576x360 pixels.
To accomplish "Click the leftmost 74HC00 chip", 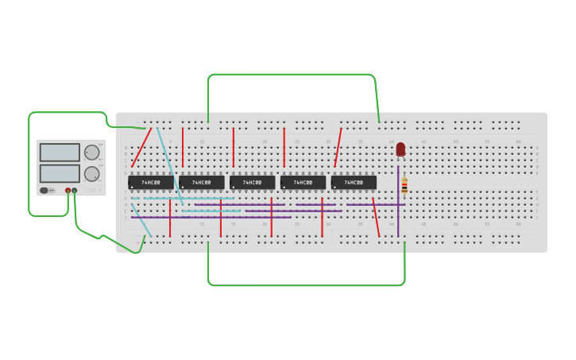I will (x=150, y=183).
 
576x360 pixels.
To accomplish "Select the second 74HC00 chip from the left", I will (x=201, y=183).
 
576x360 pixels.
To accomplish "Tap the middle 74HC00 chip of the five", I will (x=252, y=183).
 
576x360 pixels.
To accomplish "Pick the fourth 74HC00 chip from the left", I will (x=303, y=183).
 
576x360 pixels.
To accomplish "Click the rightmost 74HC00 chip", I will (x=354, y=183).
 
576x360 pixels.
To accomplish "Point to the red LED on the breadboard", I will (x=400, y=149).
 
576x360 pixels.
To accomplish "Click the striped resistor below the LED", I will (x=404, y=186).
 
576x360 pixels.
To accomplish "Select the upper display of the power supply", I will (x=60, y=153).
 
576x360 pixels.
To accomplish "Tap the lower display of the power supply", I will (x=60, y=173).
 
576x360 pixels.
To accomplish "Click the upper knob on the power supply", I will (x=92, y=153).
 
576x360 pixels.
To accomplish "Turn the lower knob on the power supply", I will (x=92, y=173).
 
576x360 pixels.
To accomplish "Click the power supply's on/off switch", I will (x=44, y=191).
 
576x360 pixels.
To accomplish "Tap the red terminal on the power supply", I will (x=68, y=191).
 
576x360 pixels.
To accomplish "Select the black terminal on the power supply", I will (x=75, y=191).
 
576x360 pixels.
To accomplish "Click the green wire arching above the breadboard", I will (x=290, y=75).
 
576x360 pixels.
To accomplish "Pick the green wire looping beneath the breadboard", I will (x=306, y=285).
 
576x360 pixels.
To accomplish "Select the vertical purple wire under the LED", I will (x=398, y=211).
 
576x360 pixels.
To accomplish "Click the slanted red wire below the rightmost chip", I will (x=376, y=218).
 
